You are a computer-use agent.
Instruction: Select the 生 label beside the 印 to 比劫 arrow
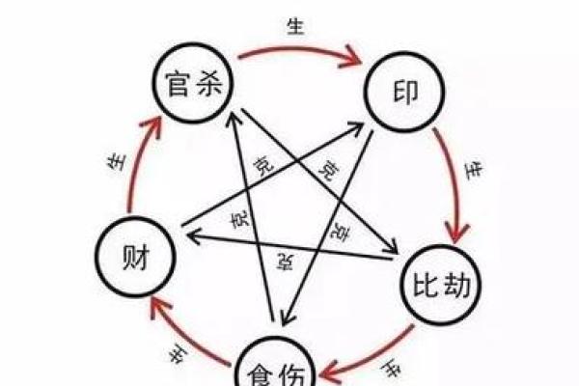[475, 172]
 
